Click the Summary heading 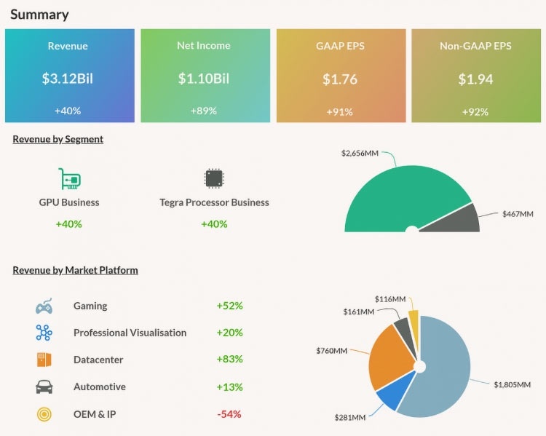40,15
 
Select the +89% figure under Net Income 204,111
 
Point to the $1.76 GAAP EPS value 340,79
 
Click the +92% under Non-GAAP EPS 475,111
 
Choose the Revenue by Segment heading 58,139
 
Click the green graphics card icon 69,179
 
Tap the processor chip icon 214,179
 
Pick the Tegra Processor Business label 214,202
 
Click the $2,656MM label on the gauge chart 360,154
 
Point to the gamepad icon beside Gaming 44,306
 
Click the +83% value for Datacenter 229,360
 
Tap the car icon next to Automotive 44,387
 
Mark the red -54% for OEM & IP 229,414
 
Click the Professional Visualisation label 130,333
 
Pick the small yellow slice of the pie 414,322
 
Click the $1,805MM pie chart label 512,384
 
